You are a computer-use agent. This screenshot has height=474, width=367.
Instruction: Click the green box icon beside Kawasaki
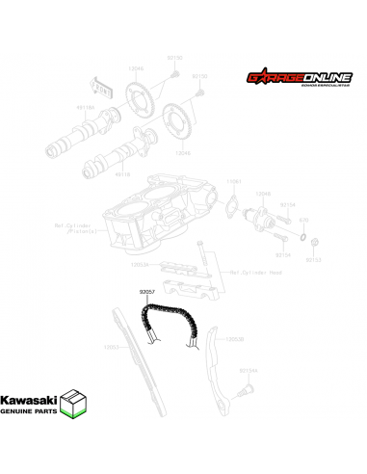[77, 404]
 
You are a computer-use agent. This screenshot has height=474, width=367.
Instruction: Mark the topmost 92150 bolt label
[173, 58]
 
